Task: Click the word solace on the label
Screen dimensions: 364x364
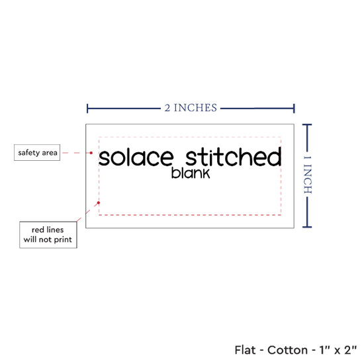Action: click(x=136, y=158)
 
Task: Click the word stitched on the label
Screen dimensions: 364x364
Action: click(x=234, y=156)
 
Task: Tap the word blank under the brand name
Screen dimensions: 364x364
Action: click(x=191, y=173)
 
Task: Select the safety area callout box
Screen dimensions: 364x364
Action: click(x=37, y=152)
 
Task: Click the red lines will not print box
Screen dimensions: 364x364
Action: click(x=48, y=235)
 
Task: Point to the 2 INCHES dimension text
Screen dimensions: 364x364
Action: click(x=191, y=108)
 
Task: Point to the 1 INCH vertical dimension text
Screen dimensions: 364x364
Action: click(x=308, y=175)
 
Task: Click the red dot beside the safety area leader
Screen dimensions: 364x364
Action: click(x=91, y=153)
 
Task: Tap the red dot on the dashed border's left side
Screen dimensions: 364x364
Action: click(x=99, y=203)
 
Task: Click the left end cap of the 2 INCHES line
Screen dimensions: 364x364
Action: click(x=87, y=109)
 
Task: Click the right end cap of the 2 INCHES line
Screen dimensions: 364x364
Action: click(x=294, y=109)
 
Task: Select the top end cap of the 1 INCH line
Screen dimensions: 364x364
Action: click(x=307, y=125)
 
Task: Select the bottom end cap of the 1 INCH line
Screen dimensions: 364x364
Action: click(x=307, y=227)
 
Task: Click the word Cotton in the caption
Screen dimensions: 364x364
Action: click(x=287, y=350)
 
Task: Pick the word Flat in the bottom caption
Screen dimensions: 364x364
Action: click(x=245, y=350)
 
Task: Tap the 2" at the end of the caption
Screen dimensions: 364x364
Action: click(x=350, y=350)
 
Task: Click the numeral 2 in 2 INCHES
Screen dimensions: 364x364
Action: click(x=167, y=108)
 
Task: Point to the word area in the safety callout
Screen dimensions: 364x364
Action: click(x=50, y=153)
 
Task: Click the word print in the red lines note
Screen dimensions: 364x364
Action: click(x=63, y=240)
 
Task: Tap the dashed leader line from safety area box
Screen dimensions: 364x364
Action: click(x=76, y=153)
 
